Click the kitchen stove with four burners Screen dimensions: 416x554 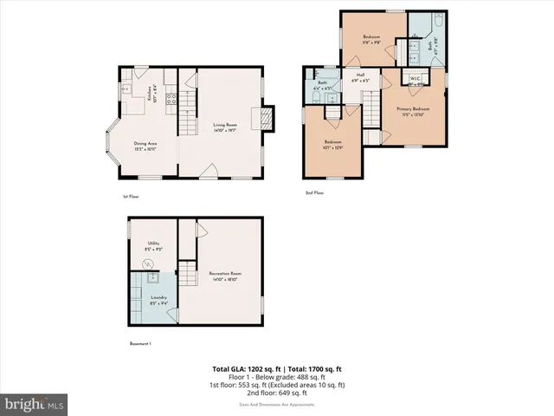click(170, 100)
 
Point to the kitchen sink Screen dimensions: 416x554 click(126, 87)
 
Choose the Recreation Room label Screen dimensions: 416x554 click(223, 276)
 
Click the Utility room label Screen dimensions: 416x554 click(152, 246)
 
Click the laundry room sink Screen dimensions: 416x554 click(149, 278)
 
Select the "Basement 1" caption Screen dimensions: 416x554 click(140, 344)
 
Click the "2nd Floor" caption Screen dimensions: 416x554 click(314, 192)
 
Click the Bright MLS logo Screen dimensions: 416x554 click(35, 403)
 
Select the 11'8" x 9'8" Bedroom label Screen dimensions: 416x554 click(371, 38)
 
